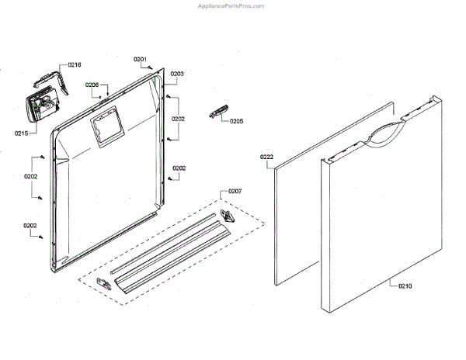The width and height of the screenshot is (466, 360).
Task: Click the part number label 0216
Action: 75,64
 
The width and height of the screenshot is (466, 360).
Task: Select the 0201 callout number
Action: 140,59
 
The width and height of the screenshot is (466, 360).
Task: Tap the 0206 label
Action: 92,85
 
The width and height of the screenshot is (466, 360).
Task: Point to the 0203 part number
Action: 177,74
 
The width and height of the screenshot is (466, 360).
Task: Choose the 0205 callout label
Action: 236,121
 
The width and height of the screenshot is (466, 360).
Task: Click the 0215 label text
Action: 22,133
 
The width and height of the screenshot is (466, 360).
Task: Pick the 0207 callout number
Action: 235,191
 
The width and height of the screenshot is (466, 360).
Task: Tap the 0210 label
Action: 405,286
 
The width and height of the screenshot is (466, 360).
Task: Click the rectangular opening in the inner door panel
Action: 105,130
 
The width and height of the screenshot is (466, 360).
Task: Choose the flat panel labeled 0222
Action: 299,217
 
